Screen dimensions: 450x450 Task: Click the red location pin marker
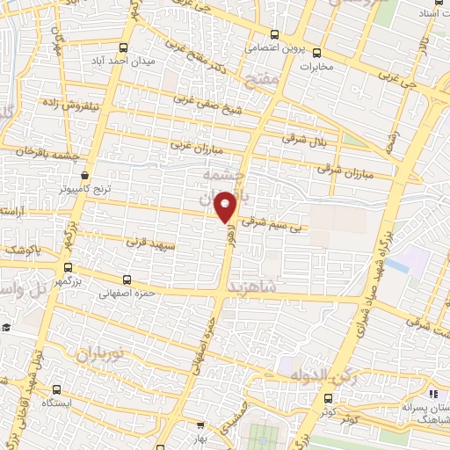(226, 205)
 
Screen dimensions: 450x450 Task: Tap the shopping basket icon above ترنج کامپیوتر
(84, 175)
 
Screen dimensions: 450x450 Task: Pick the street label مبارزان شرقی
(339, 166)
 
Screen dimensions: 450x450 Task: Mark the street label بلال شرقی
(302, 137)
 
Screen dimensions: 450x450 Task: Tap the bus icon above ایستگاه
(58, 388)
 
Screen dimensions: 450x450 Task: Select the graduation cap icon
(6, 327)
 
